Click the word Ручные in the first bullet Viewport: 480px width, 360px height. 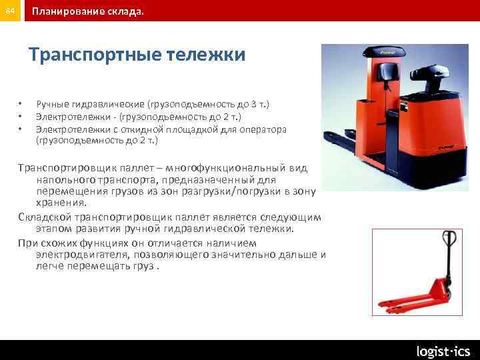[x=52, y=105]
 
